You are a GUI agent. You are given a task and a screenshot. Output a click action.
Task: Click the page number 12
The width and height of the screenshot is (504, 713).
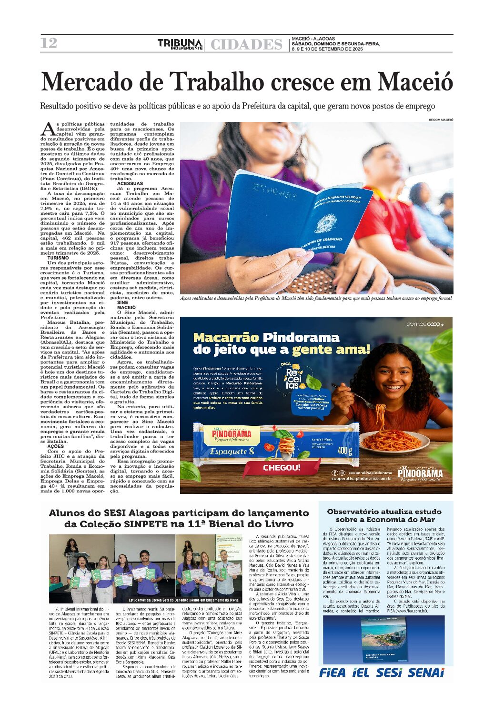click(49, 43)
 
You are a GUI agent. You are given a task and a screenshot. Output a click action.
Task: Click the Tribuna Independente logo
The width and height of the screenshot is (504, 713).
click(181, 44)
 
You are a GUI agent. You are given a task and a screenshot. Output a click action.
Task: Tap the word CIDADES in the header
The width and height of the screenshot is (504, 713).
click(246, 45)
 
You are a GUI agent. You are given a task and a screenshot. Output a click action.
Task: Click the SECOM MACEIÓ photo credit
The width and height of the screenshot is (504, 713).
click(441, 120)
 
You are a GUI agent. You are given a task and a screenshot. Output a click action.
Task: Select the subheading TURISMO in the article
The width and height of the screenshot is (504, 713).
click(58, 258)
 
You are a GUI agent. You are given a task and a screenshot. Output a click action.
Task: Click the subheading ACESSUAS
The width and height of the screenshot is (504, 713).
click(130, 183)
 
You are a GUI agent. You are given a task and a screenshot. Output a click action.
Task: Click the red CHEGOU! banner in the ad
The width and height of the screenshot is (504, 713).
click(282, 468)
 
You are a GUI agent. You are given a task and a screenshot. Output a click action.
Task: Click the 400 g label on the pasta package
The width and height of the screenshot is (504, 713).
click(344, 450)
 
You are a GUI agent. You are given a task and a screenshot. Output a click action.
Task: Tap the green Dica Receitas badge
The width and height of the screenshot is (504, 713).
click(292, 379)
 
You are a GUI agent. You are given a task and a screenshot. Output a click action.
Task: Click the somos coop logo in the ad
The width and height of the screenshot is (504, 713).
click(424, 324)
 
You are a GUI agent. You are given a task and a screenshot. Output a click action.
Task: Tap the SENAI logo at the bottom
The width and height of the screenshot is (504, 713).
click(426, 673)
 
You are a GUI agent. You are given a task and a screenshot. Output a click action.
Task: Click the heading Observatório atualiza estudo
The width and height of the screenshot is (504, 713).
click(384, 512)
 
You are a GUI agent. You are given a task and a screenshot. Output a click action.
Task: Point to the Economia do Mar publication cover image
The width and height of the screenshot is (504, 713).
click(384, 640)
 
